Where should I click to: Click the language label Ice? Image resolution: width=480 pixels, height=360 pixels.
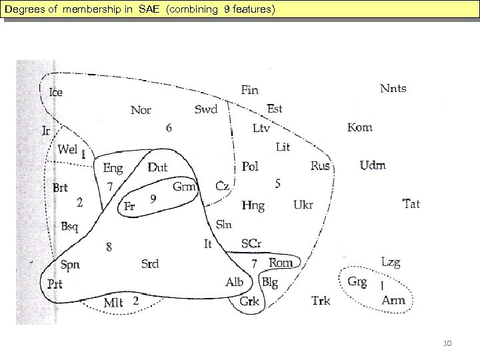(56, 91)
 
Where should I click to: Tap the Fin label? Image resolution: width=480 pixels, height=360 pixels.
(249, 90)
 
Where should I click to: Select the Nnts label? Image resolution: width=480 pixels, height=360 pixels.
(393, 89)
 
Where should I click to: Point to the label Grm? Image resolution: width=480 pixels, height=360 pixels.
(184, 187)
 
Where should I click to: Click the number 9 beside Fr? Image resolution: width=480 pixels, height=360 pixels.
(153, 198)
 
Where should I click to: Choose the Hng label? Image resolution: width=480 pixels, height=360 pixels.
(253, 205)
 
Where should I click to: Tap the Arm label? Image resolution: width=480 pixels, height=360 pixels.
(393, 301)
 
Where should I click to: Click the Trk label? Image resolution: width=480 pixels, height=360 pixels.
(321, 301)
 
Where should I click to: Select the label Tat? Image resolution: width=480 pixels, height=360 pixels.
(411, 204)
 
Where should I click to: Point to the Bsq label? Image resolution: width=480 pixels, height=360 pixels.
(69, 227)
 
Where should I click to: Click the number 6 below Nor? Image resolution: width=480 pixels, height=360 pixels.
(169, 128)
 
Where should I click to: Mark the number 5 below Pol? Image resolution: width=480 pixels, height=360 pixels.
(277, 183)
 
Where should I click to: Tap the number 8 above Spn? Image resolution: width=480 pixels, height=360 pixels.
(109, 247)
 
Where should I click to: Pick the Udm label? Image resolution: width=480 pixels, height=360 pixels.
(373, 166)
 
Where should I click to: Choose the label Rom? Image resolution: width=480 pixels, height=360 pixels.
(281, 263)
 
